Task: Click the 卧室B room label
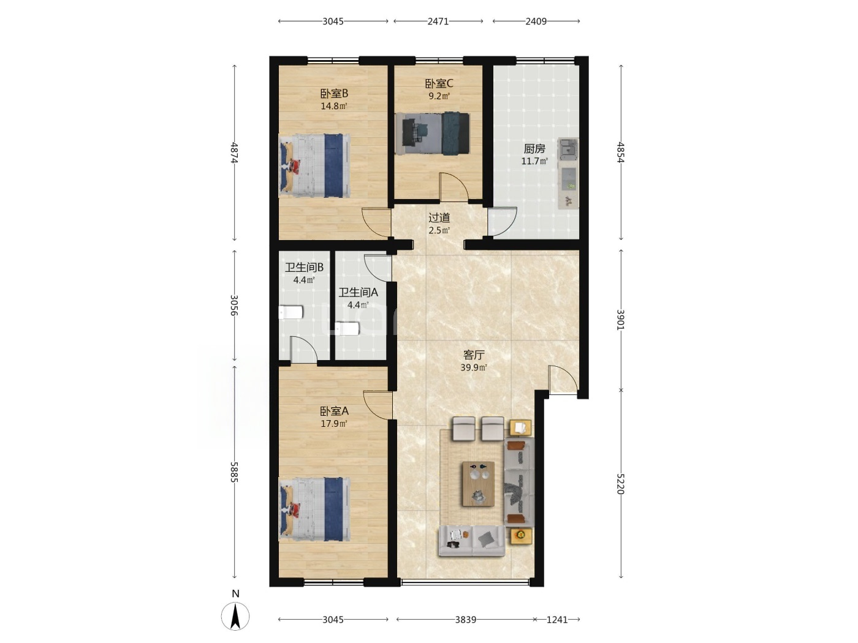pyautogui.click(x=334, y=94)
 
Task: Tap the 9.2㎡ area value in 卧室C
pyautogui.click(x=439, y=96)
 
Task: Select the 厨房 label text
pyautogui.click(x=534, y=149)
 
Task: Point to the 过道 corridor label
pyautogui.click(x=439, y=217)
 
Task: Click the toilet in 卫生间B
pyautogui.click(x=290, y=312)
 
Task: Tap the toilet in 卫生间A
pyautogui.click(x=347, y=328)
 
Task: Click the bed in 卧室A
pyautogui.click(x=314, y=509)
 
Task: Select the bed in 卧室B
pyautogui.click(x=314, y=165)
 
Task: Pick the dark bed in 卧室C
pyautogui.click(x=432, y=133)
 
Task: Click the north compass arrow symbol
pyautogui.click(x=235, y=616)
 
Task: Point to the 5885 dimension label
pyautogui.click(x=234, y=472)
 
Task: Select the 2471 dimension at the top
pyautogui.click(x=438, y=21)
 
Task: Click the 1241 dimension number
pyautogui.click(x=556, y=620)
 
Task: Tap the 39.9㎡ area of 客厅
pyautogui.click(x=474, y=367)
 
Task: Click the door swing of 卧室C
pyautogui.click(x=454, y=187)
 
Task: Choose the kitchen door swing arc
pyautogui.click(x=503, y=221)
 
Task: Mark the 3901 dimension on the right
pyautogui.click(x=620, y=319)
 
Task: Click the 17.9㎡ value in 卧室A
pyautogui.click(x=334, y=424)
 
